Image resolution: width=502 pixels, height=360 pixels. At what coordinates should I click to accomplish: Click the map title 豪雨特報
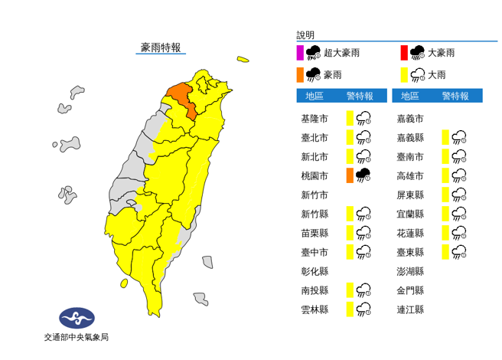(x=161, y=47)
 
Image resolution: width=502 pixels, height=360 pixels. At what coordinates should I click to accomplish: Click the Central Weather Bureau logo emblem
(x=77, y=317)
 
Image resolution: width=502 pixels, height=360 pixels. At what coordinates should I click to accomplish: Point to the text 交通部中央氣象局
(x=77, y=337)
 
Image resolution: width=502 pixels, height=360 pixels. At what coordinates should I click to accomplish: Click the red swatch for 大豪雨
(x=403, y=53)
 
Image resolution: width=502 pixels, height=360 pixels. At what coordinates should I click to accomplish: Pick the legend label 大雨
(x=437, y=75)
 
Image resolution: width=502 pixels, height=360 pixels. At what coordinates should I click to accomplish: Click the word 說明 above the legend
(x=305, y=35)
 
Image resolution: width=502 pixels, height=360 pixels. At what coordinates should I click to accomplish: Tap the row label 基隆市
(x=315, y=118)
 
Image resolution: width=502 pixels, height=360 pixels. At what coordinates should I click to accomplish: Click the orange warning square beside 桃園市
(x=349, y=175)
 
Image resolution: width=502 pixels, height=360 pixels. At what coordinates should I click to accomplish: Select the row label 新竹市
(x=315, y=195)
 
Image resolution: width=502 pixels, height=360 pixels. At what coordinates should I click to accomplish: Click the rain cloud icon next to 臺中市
(x=364, y=251)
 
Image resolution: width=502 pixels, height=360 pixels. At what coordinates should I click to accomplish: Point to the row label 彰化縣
(x=315, y=271)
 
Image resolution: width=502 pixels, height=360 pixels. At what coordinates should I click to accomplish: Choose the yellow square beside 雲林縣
(x=349, y=309)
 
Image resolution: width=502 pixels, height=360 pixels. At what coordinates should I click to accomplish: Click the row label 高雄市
(x=409, y=175)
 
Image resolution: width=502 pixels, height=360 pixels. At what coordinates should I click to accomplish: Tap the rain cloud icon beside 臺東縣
(x=459, y=251)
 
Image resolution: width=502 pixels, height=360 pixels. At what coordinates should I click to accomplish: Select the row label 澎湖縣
(x=409, y=271)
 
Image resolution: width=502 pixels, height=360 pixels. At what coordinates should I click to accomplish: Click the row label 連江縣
(x=409, y=309)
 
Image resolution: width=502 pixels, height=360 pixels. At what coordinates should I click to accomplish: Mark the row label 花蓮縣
(x=409, y=233)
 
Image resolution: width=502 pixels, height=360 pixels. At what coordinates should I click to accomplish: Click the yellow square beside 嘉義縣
(x=445, y=137)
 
